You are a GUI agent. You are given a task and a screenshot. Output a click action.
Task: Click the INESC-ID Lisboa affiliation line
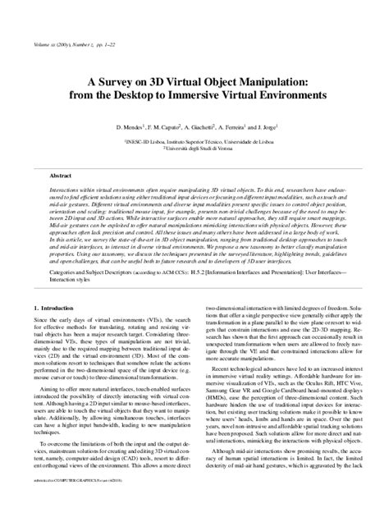194,140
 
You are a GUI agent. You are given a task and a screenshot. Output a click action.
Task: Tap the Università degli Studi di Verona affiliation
194,148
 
